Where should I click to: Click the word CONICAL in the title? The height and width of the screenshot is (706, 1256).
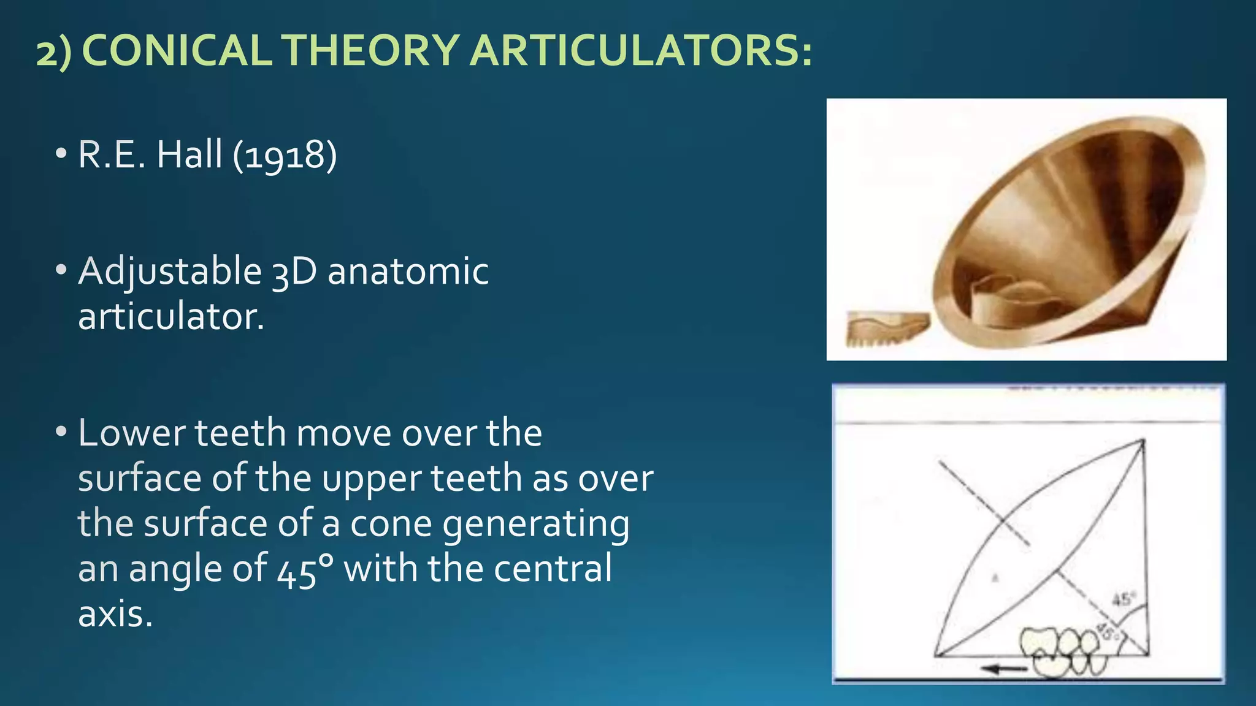177,50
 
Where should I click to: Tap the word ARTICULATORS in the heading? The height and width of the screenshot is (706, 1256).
641,50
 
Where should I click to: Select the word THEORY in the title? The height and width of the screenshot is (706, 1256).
372,50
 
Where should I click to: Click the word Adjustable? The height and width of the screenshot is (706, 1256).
169,272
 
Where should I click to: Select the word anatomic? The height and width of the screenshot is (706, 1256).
408,272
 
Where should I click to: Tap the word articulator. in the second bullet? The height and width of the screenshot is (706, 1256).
171,317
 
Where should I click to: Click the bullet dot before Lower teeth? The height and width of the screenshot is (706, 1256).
60,433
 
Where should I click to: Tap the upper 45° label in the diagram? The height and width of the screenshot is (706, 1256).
1124,599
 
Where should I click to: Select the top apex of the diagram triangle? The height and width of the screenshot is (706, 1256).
1143,440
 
